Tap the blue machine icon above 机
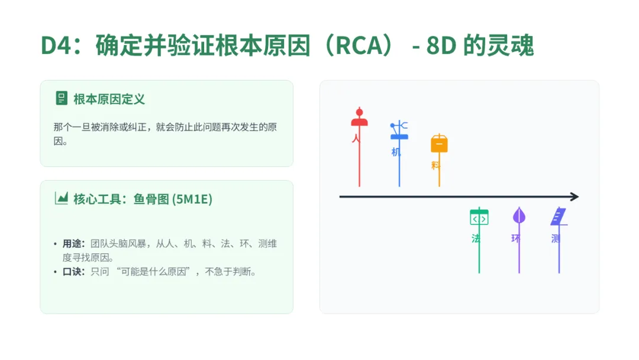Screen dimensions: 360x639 click(399, 131)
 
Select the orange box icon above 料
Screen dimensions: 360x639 click(439, 144)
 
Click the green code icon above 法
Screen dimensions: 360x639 click(479, 217)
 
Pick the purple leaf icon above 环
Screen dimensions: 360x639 click(519, 216)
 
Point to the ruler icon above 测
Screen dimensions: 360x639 click(559, 217)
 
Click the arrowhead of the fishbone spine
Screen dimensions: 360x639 click(574, 197)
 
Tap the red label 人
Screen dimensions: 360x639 click(356, 139)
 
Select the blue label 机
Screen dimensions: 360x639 click(396, 152)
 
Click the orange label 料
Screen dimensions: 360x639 click(435, 165)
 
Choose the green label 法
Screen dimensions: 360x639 click(476, 239)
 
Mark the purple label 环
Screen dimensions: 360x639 click(515, 239)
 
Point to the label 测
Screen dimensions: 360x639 click(555, 239)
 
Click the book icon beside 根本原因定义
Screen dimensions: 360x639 click(61, 98)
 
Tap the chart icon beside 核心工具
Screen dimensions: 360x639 click(61, 198)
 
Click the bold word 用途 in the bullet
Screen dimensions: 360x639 click(72, 244)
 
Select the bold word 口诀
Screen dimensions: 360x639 click(72, 272)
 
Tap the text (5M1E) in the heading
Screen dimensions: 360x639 click(192, 199)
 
